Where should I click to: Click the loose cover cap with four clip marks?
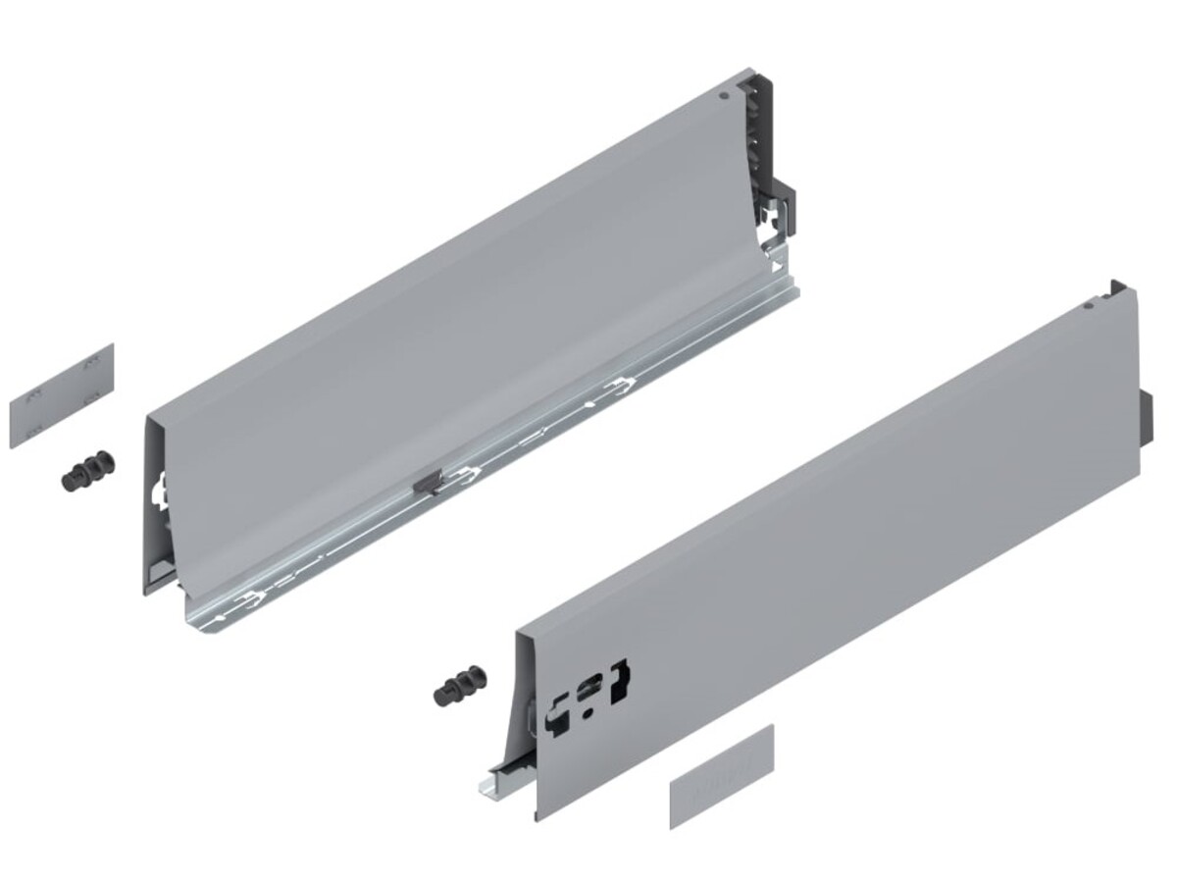click(x=62, y=394)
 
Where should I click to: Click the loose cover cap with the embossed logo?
click(x=722, y=776)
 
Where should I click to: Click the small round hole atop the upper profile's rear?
click(x=723, y=97)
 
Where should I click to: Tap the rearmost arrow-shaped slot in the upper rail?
click(x=619, y=383)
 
